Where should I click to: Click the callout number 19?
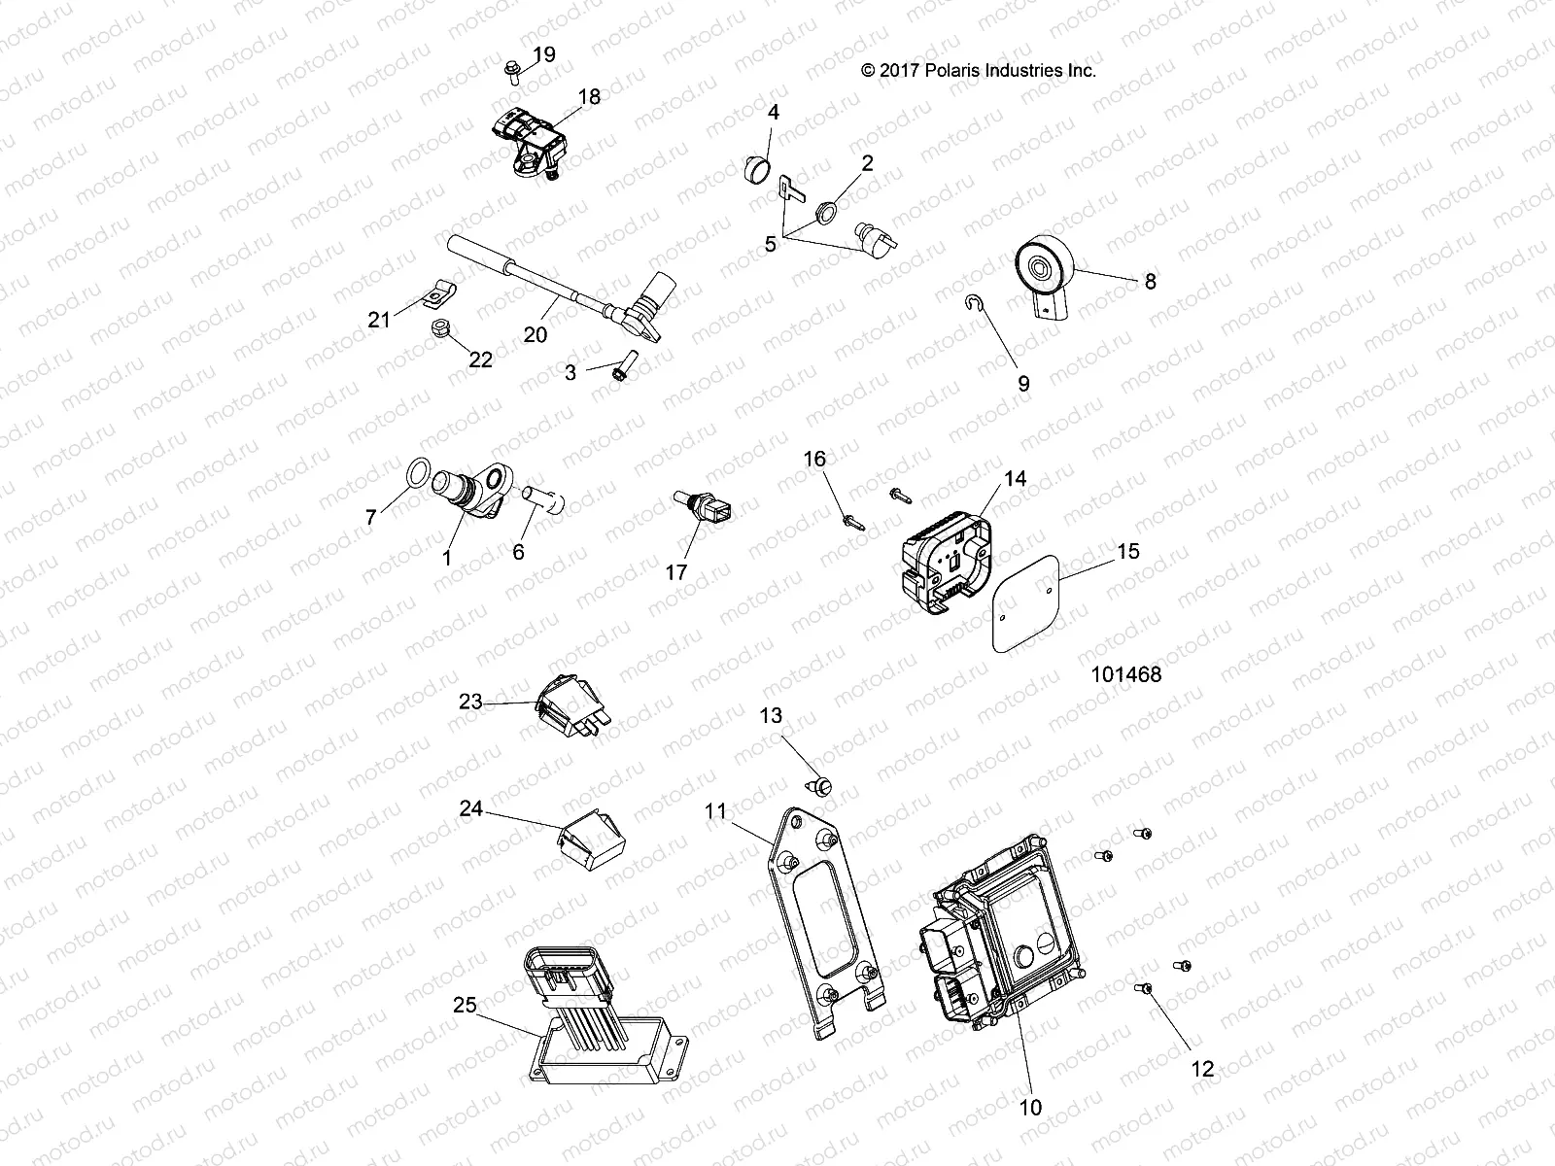544,54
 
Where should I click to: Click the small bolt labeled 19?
512,67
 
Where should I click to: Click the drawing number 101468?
1125,673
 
